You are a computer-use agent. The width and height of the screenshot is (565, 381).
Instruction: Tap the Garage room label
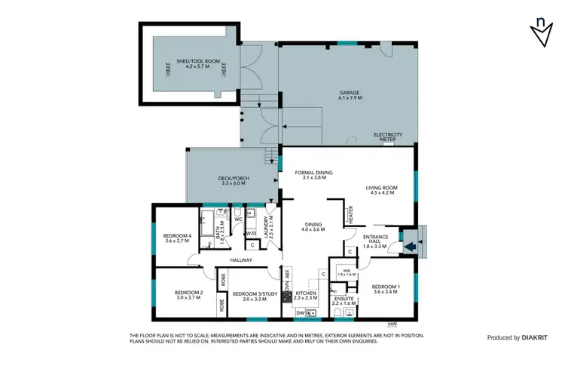pyautogui.click(x=350, y=95)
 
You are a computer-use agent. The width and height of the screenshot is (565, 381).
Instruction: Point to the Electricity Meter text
pyautogui.click(x=388, y=137)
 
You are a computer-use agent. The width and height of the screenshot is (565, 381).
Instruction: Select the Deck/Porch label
pyautogui.click(x=234, y=180)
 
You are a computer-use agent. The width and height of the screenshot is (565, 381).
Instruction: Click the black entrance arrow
pyautogui.click(x=411, y=244)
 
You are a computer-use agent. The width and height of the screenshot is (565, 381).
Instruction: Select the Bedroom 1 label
pyautogui.click(x=386, y=289)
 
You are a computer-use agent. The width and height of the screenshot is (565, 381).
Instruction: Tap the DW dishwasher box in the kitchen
pyautogui.click(x=300, y=312)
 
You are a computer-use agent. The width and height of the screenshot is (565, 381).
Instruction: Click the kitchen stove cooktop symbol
pyautogui.click(x=287, y=298)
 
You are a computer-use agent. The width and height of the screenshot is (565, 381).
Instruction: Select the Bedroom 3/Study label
pyautogui.click(x=249, y=297)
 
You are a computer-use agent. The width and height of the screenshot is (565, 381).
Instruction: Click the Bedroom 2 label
pyautogui.click(x=189, y=295)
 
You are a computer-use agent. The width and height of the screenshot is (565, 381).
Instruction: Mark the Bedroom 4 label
pyautogui.click(x=178, y=238)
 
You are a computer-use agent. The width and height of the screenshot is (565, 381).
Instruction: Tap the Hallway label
pyautogui.click(x=241, y=260)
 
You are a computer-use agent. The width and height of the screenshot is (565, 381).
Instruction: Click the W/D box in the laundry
pyautogui.click(x=252, y=232)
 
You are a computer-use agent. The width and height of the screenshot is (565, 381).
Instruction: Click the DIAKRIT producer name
pyautogui.click(x=536, y=338)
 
